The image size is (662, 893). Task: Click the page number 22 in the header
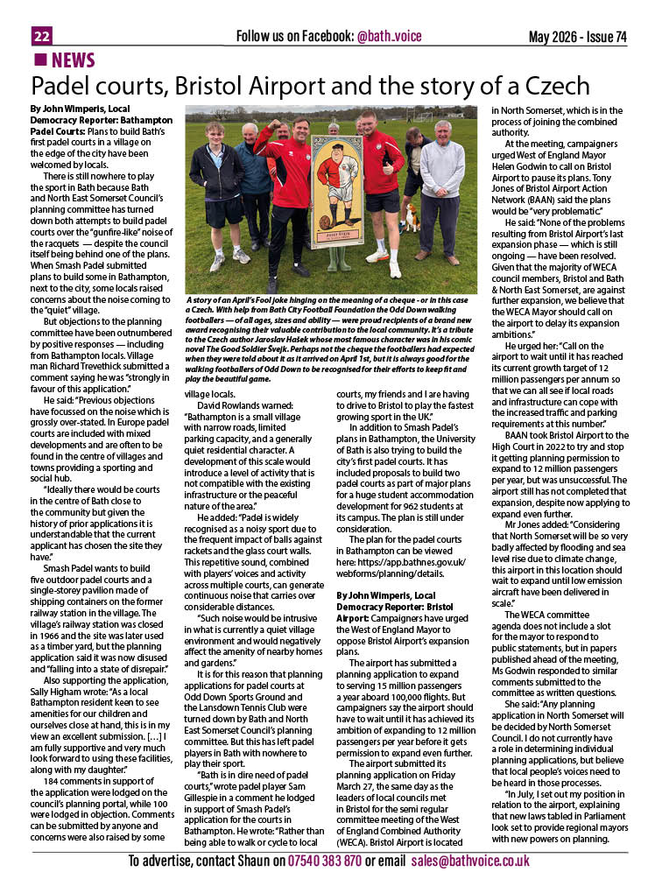coord(42,36)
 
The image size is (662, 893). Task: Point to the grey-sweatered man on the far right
coord(442,188)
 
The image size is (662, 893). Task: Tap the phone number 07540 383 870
coord(324,861)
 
